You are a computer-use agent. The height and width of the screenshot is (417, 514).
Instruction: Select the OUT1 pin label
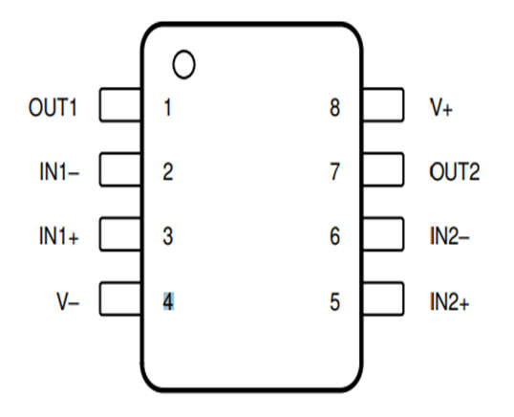(53, 107)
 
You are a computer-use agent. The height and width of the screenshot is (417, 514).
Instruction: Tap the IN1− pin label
(59, 171)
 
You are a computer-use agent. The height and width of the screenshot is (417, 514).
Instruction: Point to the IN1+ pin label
(59, 235)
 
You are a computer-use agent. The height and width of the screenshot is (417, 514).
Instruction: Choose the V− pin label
(68, 301)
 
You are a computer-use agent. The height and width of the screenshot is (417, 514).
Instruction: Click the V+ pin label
(441, 107)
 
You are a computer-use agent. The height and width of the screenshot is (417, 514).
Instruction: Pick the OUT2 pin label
(455, 171)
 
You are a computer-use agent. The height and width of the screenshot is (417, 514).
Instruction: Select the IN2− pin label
(449, 235)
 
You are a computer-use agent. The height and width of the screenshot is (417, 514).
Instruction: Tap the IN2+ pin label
(449, 301)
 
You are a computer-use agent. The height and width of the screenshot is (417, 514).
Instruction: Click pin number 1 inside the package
(167, 107)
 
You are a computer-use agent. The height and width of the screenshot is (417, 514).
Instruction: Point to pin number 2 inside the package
(168, 171)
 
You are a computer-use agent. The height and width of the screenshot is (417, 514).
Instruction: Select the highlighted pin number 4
(168, 301)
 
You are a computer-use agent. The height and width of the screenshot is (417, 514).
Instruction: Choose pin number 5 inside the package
(334, 301)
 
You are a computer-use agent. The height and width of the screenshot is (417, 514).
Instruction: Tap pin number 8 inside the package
(334, 107)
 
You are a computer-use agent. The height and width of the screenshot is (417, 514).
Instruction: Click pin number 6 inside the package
(334, 235)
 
